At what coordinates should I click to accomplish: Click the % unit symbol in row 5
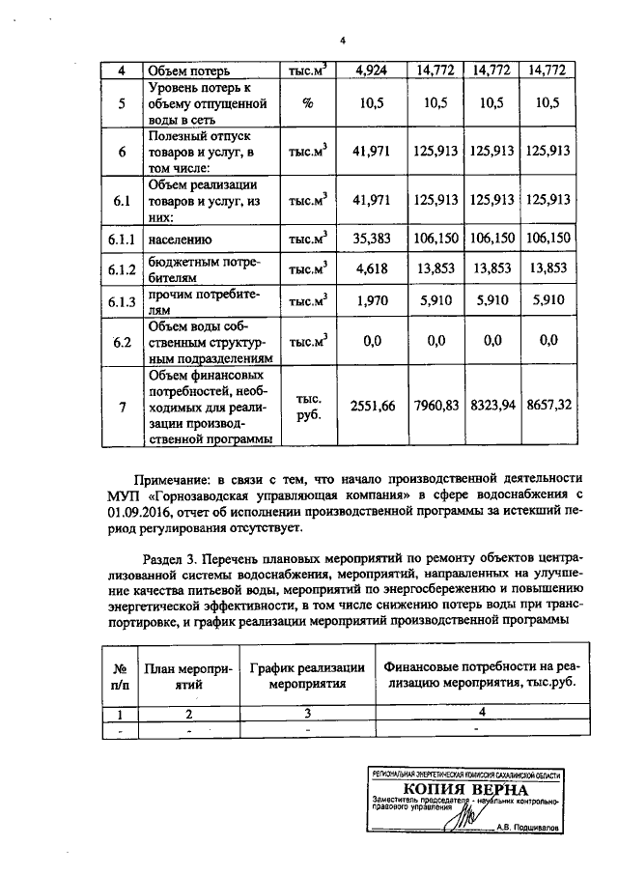[308, 103]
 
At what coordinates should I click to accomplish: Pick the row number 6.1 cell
[121, 201]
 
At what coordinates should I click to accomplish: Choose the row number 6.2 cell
[121, 340]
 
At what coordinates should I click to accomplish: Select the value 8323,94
[492, 407]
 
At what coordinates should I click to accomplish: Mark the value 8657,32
[547, 407]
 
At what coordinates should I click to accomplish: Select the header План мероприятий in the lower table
[188, 674]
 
